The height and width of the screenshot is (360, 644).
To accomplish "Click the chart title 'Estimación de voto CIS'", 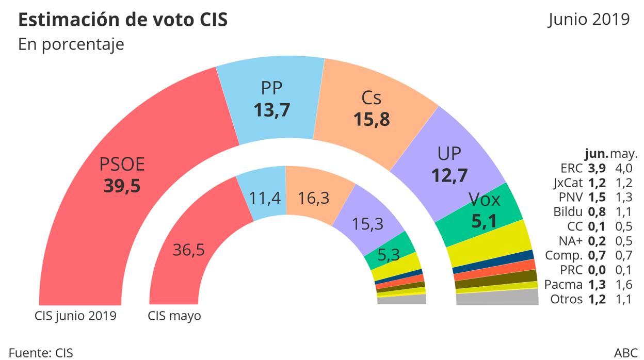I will (123, 20).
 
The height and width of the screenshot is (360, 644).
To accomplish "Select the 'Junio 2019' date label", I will (589, 19).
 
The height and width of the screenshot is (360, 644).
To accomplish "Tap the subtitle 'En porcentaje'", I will (71, 44).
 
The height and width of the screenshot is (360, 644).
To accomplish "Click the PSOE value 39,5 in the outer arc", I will (122, 186).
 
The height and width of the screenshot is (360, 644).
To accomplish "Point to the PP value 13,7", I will (272, 109).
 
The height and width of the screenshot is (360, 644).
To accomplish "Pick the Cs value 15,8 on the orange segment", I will (371, 119).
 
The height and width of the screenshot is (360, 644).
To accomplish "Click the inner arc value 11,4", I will (264, 197).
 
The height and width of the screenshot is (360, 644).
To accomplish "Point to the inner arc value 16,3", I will (314, 197).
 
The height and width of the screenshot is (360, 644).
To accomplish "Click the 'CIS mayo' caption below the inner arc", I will (174, 316).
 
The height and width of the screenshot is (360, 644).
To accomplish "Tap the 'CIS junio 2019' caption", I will (75, 316).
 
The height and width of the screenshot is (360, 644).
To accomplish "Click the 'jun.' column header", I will (596, 154).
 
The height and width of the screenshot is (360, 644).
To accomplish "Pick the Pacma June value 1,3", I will (597, 284).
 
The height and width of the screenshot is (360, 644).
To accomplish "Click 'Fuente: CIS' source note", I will (41, 353).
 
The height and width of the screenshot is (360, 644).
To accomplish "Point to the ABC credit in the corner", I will (625, 353).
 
